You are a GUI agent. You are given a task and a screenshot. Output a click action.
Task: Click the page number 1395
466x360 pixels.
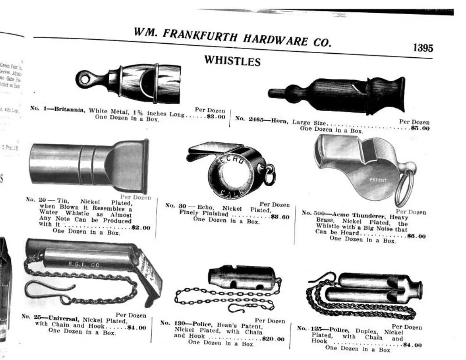click(423, 48)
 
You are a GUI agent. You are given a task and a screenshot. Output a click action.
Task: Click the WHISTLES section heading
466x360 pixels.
click(232, 61)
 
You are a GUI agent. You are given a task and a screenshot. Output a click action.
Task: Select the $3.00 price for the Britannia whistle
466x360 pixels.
click(216, 117)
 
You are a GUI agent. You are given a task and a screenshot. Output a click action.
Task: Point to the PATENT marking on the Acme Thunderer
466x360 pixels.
click(378, 180)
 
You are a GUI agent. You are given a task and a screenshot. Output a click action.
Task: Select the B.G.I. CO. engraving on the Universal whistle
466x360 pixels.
click(81, 264)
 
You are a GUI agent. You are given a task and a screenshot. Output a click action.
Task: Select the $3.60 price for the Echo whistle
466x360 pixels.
click(279, 217)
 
